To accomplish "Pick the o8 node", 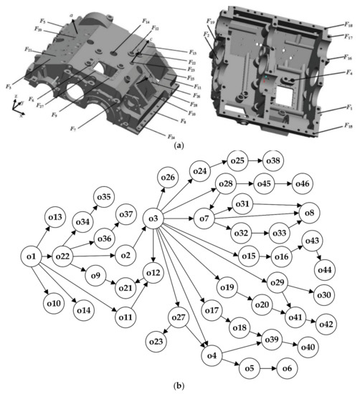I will point(309,213).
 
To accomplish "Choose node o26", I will point(167,177).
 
